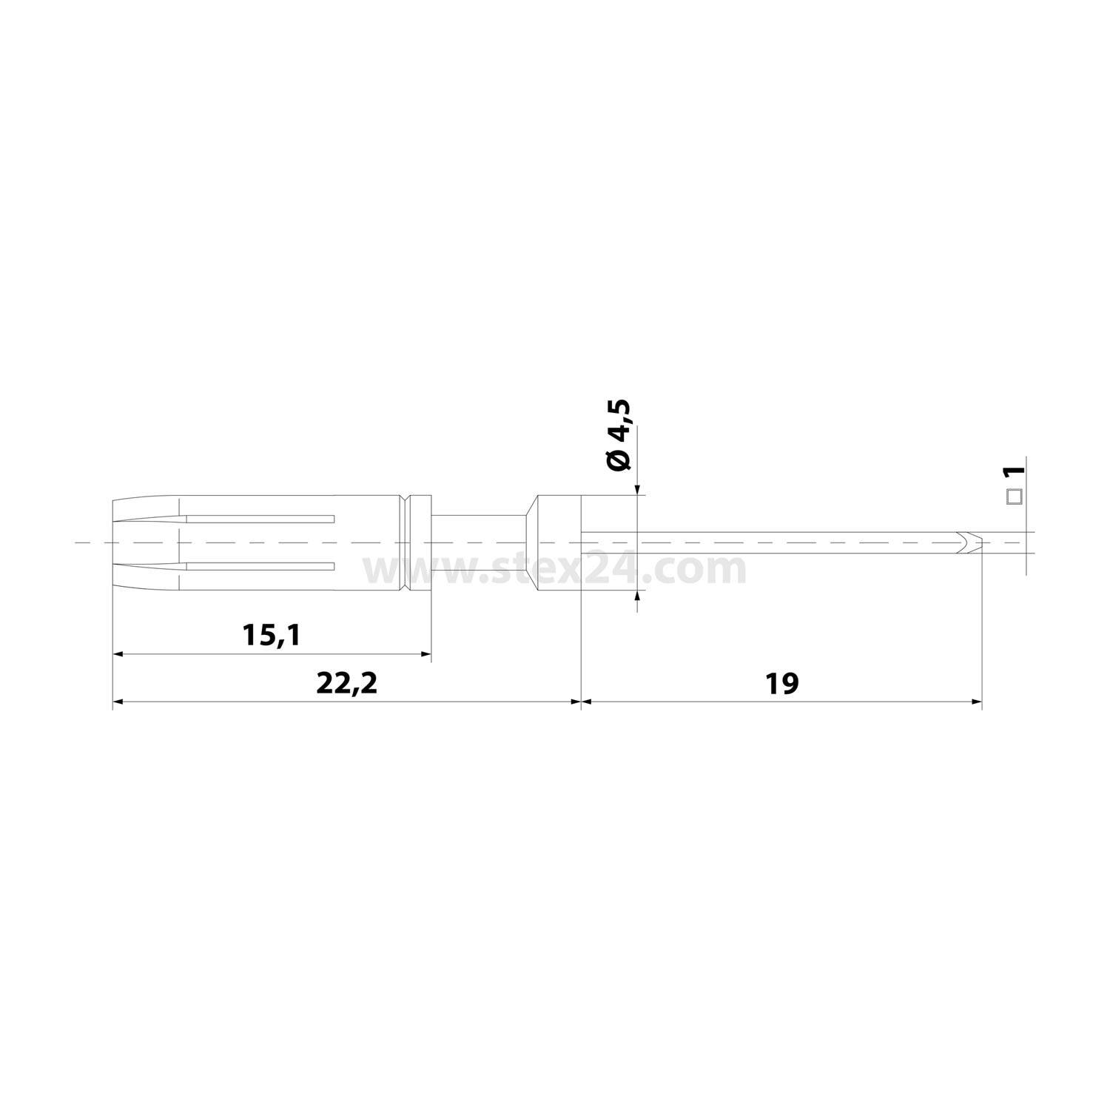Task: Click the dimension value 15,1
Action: [271, 634]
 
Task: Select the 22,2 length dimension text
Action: [346, 683]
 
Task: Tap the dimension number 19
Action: [781, 683]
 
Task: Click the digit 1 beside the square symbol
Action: [1013, 471]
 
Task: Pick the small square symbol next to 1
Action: [1013, 497]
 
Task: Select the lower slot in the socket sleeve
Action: [259, 567]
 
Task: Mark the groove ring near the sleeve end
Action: [406, 542]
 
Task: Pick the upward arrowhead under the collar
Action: [637, 598]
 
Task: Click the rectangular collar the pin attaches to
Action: [560, 542]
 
